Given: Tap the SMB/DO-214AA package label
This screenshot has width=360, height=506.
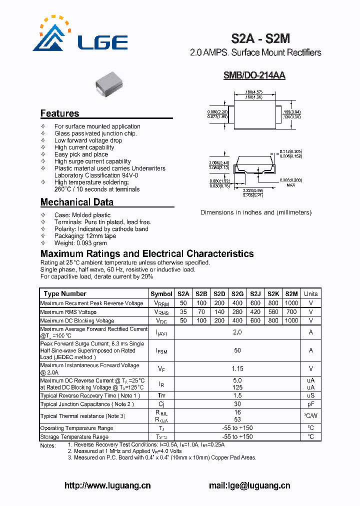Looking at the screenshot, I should pyautogui.click(x=254, y=75).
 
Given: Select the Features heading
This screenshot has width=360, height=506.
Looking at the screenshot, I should pyautogui.click(x=59, y=113).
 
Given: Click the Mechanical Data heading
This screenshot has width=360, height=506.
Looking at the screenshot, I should pyautogui.click(x=76, y=202).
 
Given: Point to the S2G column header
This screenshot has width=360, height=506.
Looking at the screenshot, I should pyautogui.click(x=237, y=294).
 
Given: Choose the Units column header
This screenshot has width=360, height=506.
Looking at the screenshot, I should pyautogui.click(x=310, y=294).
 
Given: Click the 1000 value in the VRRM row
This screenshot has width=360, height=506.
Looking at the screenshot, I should pyautogui.click(x=291, y=303).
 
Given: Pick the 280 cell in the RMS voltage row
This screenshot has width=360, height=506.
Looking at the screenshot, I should pyautogui.click(x=237, y=312).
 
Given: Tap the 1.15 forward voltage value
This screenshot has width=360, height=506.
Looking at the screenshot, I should pyautogui.click(x=237, y=368).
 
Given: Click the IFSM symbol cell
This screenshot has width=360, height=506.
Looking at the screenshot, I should pyautogui.click(x=161, y=351).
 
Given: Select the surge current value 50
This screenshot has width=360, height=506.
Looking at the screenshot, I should pyautogui.click(x=237, y=351).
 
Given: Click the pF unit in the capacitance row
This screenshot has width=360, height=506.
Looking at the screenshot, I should pyautogui.click(x=310, y=404).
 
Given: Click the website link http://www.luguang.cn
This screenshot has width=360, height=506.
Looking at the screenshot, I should pyautogui.click(x=108, y=485).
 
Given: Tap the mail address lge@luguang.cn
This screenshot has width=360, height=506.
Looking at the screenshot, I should pyautogui.click(x=249, y=485).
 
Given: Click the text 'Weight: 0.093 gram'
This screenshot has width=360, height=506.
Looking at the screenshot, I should pyautogui.click(x=80, y=243).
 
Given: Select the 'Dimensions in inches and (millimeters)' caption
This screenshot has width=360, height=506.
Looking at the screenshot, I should pyautogui.click(x=256, y=212).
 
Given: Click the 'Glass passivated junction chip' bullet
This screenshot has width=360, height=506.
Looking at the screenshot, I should pyautogui.click(x=95, y=133).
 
